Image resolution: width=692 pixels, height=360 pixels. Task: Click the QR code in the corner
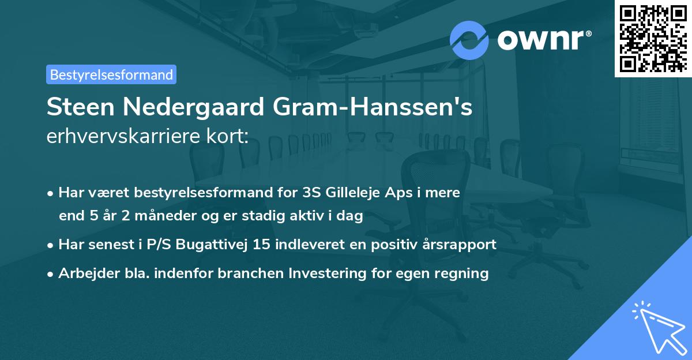coord(652,38)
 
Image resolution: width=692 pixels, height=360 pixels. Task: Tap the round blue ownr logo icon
coord(469,40)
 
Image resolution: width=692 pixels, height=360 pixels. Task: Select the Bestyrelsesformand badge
coord(111,74)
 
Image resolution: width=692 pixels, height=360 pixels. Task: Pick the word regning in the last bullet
coord(465,273)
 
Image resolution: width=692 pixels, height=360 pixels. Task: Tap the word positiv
coord(398,245)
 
